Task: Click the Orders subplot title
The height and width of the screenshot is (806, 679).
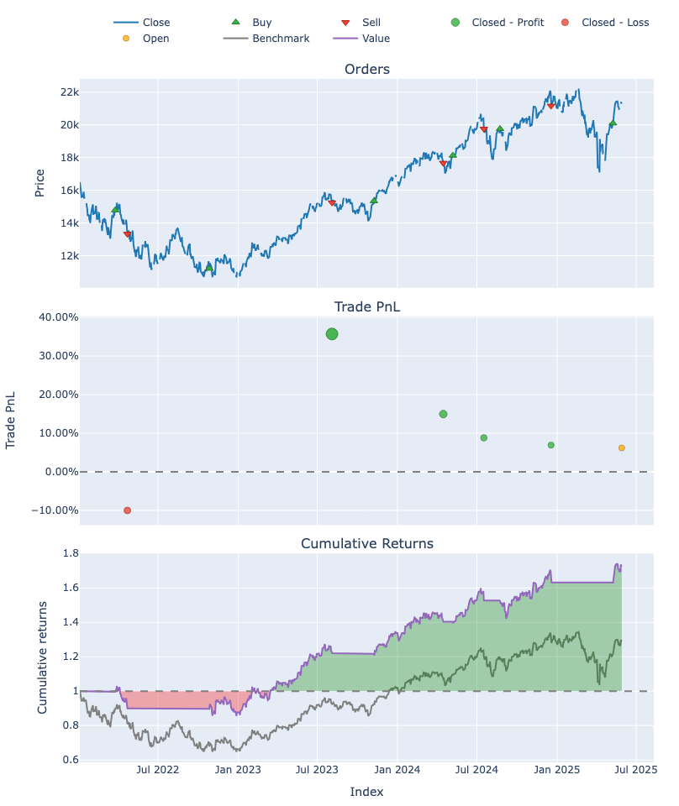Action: [367, 69]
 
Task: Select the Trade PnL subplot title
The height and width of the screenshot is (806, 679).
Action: [367, 306]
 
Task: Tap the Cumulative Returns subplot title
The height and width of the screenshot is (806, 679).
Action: [367, 543]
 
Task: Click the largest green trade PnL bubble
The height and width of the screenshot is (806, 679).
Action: [332, 334]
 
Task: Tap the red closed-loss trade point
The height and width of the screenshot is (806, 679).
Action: [128, 510]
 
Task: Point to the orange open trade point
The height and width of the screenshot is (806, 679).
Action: [622, 448]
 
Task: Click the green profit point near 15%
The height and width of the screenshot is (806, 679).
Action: [443, 414]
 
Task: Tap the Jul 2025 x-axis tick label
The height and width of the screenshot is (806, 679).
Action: [636, 768]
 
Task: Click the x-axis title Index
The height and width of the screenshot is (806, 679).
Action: [366, 792]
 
